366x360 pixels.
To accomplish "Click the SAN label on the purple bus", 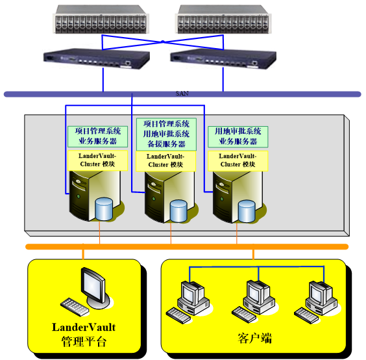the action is pyautogui.click(x=182, y=94).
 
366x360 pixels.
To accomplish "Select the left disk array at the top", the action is pyautogui.click(x=101, y=19).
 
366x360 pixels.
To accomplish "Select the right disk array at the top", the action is pyautogui.click(x=223, y=19).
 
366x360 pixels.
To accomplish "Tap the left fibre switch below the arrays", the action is pyautogui.click(x=97, y=58).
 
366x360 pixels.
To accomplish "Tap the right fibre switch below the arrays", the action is pyautogui.click(x=223, y=58).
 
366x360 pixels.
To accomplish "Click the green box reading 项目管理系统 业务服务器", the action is pyautogui.click(x=97, y=136).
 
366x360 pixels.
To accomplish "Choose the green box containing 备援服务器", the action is pyautogui.click(x=166, y=134).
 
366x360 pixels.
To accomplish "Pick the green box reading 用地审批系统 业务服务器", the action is pyautogui.click(x=238, y=136).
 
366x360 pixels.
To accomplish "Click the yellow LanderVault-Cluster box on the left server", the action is pyautogui.click(x=97, y=161).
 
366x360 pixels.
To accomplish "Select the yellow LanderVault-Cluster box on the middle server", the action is pyautogui.click(x=165, y=161).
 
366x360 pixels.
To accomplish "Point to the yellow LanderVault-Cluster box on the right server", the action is pyautogui.click(x=238, y=161).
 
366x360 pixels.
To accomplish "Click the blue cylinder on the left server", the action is pyautogui.click(x=104, y=209).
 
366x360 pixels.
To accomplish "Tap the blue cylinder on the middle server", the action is pyautogui.click(x=178, y=211).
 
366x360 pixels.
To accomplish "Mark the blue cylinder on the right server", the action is pyautogui.click(x=247, y=211).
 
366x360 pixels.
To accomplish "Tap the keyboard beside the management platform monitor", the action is pyautogui.click(x=75, y=307).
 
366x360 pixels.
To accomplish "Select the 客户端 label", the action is pyautogui.click(x=255, y=339).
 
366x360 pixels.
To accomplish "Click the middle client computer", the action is pyautogui.click(x=259, y=297).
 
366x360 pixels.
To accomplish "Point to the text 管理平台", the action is pyautogui.click(x=84, y=342).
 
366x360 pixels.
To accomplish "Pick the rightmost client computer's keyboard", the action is pyautogui.click(x=306, y=316).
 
